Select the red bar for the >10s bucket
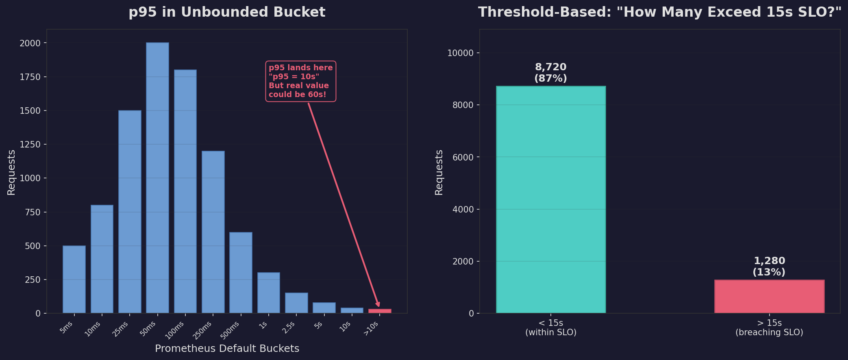[380, 311]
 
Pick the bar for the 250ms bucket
[213, 232]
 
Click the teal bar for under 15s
[551, 200]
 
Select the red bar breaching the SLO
[769, 296]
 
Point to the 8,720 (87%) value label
[550, 73]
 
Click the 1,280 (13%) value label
[769, 267]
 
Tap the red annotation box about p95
[300, 81]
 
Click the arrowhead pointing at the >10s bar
[378, 304]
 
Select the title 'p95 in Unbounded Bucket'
[227, 12]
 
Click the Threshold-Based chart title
[659, 12]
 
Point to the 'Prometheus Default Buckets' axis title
[227, 349]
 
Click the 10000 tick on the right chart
[461, 53]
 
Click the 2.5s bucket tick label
[289, 327]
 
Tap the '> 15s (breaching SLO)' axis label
[769, 327]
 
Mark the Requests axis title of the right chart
[439, 172]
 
